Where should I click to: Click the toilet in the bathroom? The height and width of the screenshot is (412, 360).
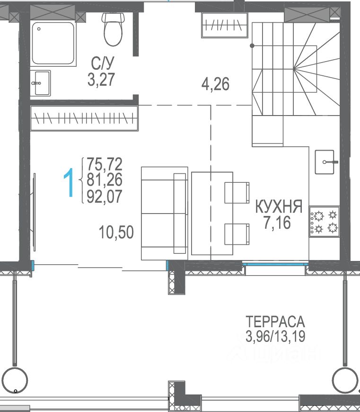[x=113, y=29]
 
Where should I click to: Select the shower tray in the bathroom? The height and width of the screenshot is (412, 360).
[x=53, y=43]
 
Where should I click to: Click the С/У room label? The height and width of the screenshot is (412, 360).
[x=103, y=63]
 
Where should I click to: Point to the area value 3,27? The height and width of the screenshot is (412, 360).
[x=101, y=80]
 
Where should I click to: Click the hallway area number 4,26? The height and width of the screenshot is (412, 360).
[x=215, y=84]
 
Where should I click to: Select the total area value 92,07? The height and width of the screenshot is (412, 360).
[x=105, y=197]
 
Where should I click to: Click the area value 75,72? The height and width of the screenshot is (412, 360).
[x=105, y=164]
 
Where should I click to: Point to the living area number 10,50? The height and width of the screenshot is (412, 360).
[x=116, y=232]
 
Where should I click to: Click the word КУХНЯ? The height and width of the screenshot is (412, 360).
[x=279, y=206]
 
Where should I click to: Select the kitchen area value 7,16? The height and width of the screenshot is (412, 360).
[x=277, y=223]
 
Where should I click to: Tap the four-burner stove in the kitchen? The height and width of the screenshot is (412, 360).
[x=325, y=222]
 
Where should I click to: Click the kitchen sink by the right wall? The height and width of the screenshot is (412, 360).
[x=325, y=162]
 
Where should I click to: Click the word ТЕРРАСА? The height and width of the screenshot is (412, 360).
[x=275, y=322]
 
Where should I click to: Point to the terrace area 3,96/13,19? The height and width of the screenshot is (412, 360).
[x=275, y=336]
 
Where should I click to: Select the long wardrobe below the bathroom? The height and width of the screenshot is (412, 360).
[x=84, y=118]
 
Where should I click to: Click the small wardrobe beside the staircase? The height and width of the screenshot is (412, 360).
[x=225, y=25]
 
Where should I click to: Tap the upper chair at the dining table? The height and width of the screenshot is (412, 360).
[x=237, y=193]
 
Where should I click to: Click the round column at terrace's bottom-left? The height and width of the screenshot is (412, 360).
[x=15, y=380]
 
